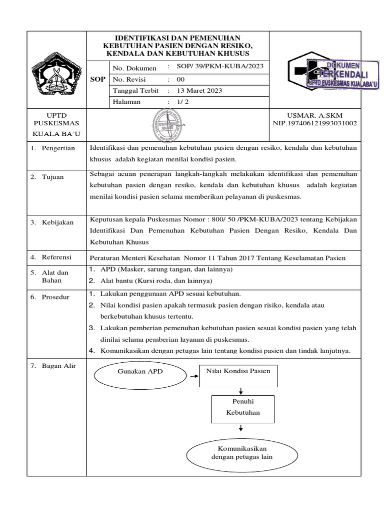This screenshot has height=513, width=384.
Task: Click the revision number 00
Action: coord(180,79)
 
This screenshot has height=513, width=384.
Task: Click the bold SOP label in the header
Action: coord(97,79)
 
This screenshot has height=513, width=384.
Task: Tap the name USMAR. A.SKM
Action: coord(314,115)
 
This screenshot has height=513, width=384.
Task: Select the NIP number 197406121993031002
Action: coord(314,123)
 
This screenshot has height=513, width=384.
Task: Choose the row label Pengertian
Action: coord(58,148)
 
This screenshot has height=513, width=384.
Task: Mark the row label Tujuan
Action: coord(52,177)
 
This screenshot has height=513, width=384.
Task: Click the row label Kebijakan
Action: coord(57,222)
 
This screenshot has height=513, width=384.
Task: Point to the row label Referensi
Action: coord(56,257)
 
